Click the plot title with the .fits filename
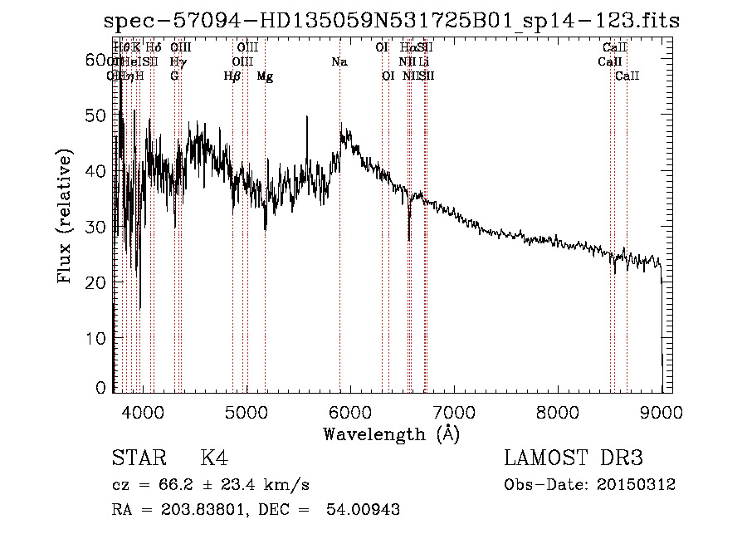click(393, 22)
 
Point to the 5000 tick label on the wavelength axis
click(246, 410)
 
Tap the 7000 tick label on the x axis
click(454, 410)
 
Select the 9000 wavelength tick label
click(662, 410)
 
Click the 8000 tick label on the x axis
click(558, 410)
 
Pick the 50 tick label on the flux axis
click(98, 115)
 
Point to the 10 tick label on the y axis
click(98, 338)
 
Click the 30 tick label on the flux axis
click(98, 227)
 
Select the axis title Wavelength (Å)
click(391, 434)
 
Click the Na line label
click(339, 62)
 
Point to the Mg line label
click(265, 76)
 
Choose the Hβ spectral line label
click(232, 76)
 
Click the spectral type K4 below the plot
click(214, 458)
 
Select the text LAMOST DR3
click(574, 458)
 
